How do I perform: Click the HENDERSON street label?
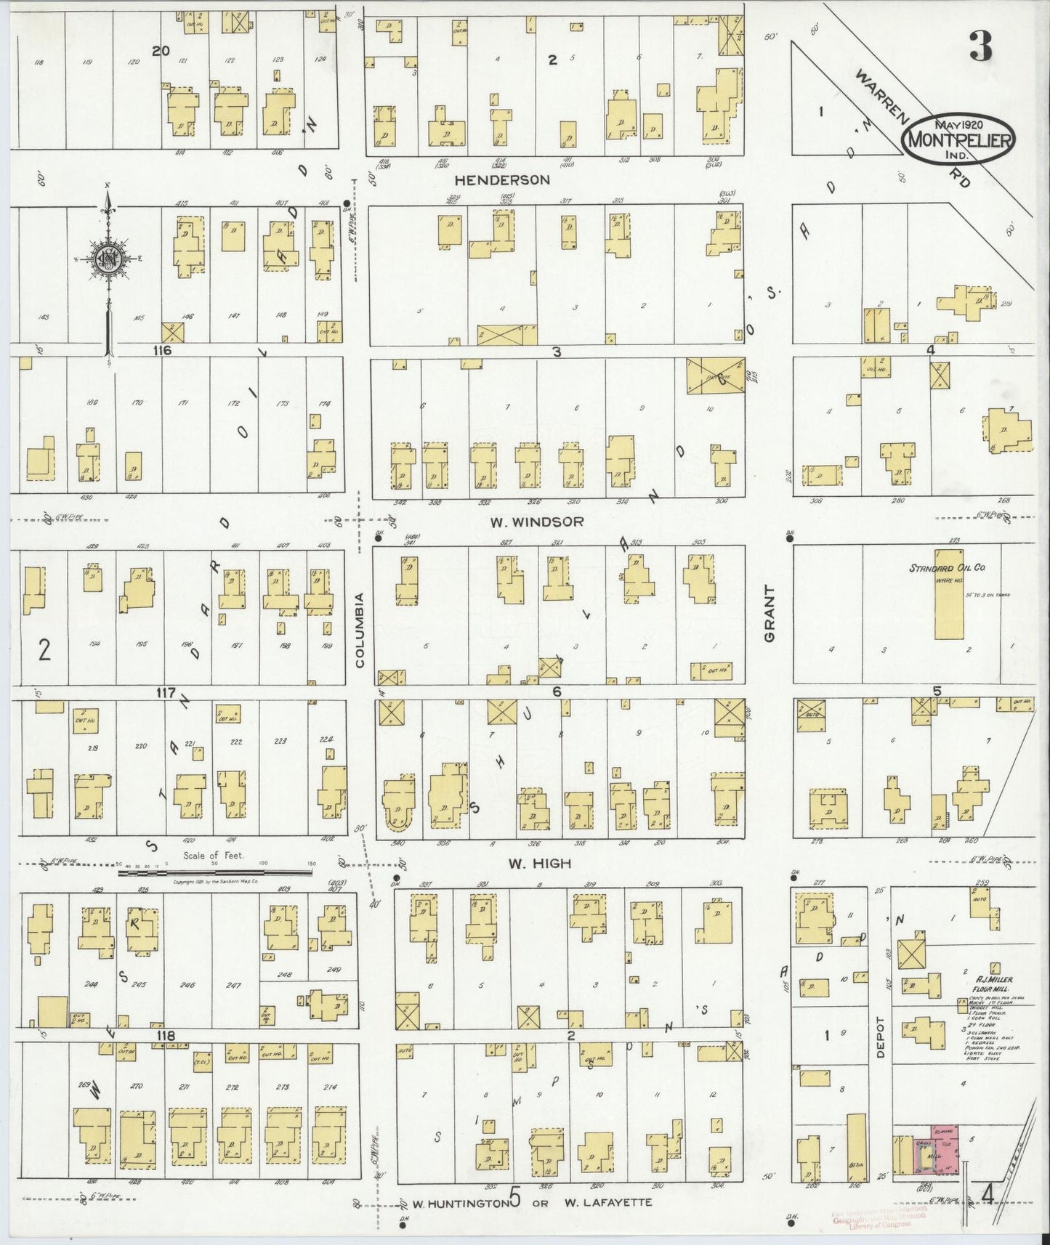502,179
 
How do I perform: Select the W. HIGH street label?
539,864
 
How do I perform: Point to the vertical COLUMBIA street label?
358,630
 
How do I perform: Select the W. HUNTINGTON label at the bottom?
461,1202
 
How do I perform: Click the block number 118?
166,1034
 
